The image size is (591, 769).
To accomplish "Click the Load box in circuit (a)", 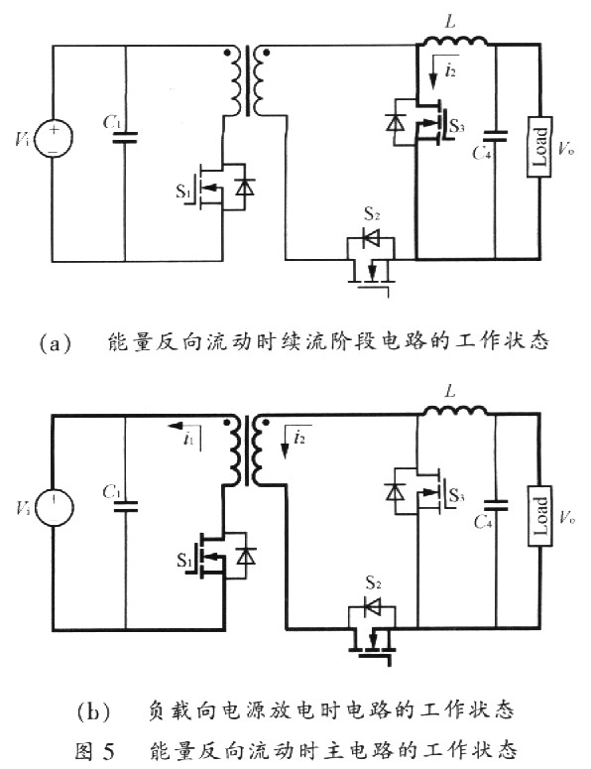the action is click(539, 147).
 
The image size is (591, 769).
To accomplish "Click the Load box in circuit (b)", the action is click(539, 515).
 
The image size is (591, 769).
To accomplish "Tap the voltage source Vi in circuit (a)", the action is click(54, 138).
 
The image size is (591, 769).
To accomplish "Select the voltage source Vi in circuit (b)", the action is click(54, 508).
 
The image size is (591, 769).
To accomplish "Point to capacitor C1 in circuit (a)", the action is click(125, 138).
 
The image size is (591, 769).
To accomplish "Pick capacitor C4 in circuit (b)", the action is click(496, 506).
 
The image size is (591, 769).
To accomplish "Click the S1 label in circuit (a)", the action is click(182, 191).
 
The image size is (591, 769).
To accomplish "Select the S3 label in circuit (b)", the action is click(456, 496).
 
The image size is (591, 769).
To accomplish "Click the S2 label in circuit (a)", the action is click(372, 213).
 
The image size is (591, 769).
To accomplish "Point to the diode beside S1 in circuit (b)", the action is click(245, 557).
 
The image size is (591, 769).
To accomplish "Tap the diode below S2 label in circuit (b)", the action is click(372, 608).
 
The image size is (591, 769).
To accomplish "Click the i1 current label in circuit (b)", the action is click(188, 439).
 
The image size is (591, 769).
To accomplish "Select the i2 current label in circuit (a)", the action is click(450, 71).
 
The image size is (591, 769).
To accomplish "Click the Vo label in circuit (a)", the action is click(565, 148).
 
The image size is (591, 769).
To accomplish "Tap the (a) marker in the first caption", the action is click(56, 342).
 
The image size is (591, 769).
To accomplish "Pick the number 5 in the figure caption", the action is click(108, 751).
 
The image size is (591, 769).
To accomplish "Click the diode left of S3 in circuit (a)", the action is click(395, 122).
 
